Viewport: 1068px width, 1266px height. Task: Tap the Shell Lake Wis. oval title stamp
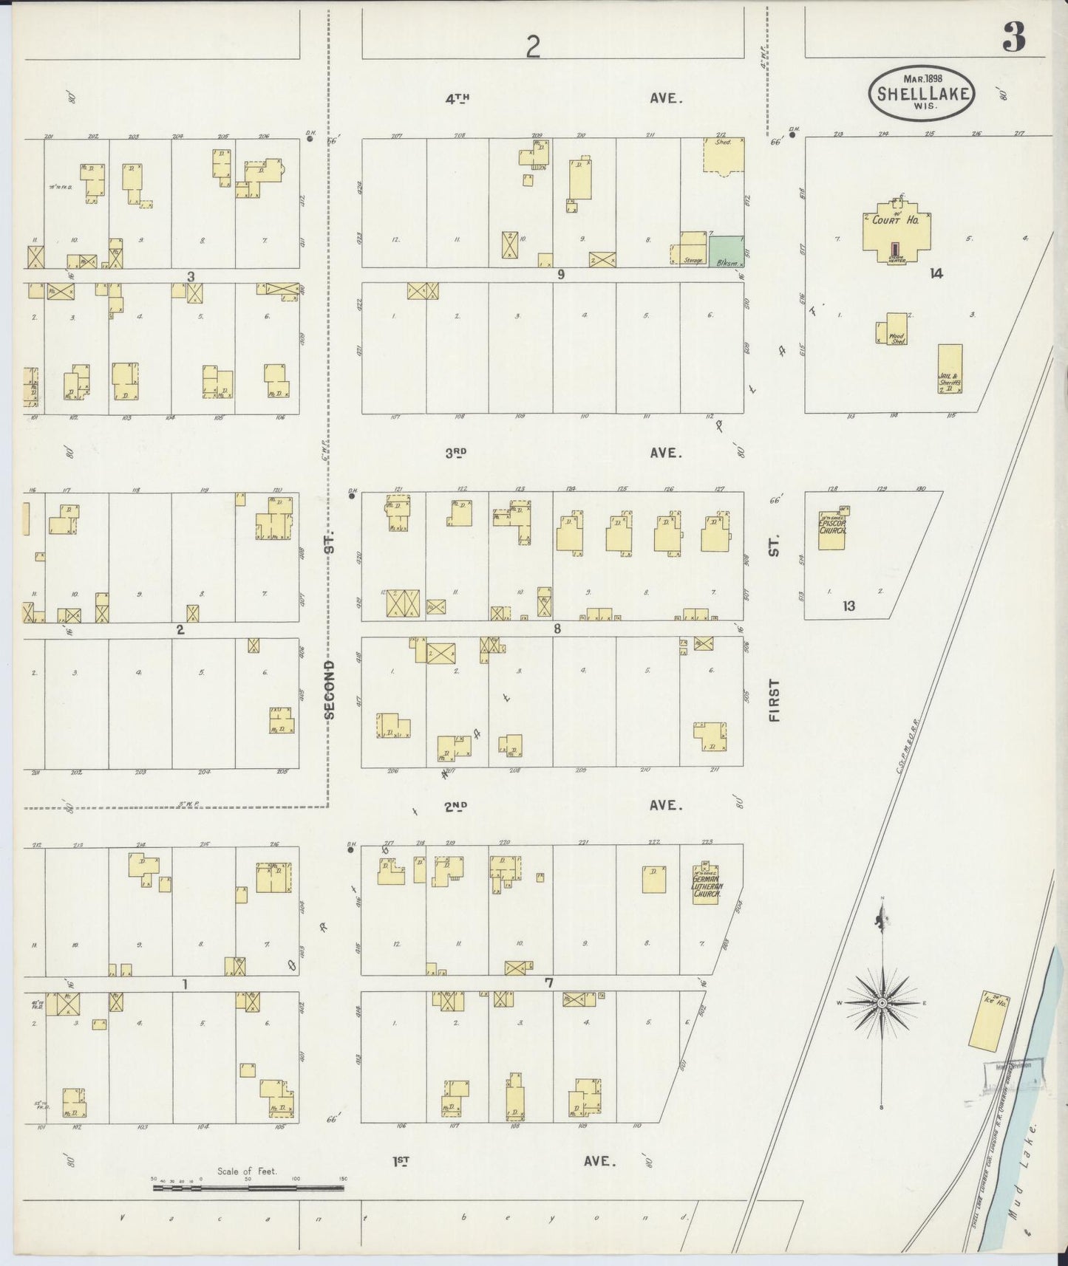(x=921, y=92)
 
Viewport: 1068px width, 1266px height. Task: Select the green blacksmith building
(x=727, y=252)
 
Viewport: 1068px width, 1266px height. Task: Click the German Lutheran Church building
(x=706, y=884)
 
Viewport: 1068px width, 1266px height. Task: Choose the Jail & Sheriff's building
(x=950, y=368)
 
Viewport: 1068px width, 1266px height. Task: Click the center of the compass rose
(x=881, y=1003)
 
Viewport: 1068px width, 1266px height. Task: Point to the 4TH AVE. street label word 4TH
(x=458, y=97)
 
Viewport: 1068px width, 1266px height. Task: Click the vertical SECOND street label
(x=330, y=689)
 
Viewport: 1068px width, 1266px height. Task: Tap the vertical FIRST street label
(x=775, y=699)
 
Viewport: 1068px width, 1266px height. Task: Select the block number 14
(x=936, y=273)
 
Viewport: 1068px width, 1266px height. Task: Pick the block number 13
(x=848, y=606)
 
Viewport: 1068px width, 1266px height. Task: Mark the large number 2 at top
(x=533, y=47)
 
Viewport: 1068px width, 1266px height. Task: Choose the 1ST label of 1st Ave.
(x=401, y=1161)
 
